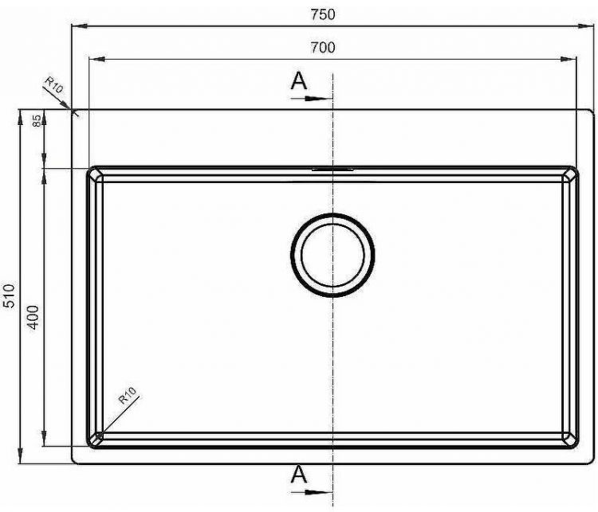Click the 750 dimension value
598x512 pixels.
[x=323, y=14]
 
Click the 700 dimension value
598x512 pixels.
[x=323, y=48]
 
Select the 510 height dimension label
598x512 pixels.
[x=9, y=295]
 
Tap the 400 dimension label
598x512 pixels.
[x=33, y=318]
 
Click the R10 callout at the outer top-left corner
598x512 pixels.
[x=53, y=85]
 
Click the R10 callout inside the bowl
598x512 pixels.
[x=128, y=395]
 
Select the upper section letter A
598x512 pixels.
[x=299, y=80]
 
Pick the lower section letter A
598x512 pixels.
[x=299, y=475]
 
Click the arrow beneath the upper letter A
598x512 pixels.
[x=312, y=99]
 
